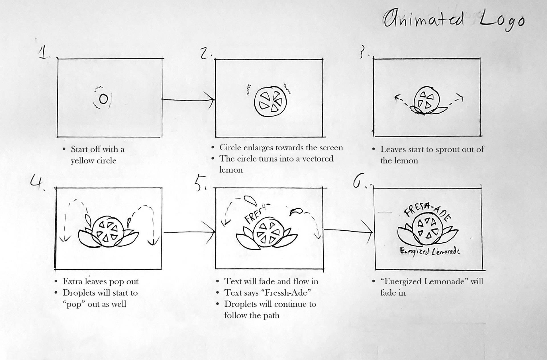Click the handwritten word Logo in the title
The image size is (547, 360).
502,20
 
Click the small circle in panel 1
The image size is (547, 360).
103,99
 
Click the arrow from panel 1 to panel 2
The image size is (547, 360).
188,99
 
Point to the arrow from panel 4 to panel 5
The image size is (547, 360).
189,232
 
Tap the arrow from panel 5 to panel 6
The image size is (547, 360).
348,231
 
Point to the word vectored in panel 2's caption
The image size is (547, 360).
318,158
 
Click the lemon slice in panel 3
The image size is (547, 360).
427,100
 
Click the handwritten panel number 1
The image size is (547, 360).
43,53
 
